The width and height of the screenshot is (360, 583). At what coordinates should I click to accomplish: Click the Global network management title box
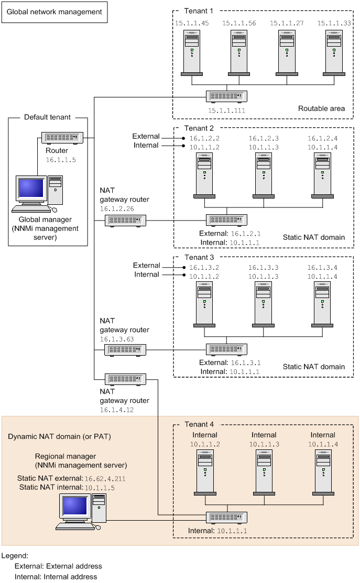coord(54,12)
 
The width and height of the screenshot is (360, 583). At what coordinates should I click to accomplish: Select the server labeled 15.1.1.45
coord(192,52)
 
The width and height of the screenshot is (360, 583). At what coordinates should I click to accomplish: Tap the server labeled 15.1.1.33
coord(334,52)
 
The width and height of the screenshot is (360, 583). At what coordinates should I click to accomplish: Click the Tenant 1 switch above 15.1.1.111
coord(226,97)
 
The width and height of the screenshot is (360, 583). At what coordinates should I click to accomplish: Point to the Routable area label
coord(321,109)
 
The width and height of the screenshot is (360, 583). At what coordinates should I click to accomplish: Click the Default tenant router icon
coord(62,138)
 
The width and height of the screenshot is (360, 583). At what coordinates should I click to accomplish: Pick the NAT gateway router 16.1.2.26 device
coord(125,221)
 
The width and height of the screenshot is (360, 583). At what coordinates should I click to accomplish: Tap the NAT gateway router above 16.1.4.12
coord(125,379)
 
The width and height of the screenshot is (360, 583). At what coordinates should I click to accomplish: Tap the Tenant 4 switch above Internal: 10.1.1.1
coord(226,517)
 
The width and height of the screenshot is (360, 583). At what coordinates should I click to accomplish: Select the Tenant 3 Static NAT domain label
coord(314,367)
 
